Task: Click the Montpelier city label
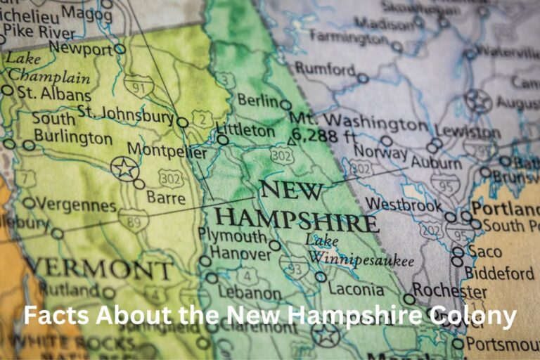pos(167,153)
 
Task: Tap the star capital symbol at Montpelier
pos(124,168)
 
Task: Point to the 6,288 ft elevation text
pos(325,135)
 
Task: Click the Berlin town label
pos(258,101)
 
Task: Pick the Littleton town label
pos(245,130)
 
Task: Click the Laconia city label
pos(356,289)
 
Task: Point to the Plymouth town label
pos(233,236)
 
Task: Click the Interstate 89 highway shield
pos(133,219)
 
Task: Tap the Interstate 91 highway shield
pos(138,85)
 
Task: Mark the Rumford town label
pos(325,69)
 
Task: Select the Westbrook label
pos(404,204)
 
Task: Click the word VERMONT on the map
pos(98,268)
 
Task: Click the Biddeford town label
pos(500,272)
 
